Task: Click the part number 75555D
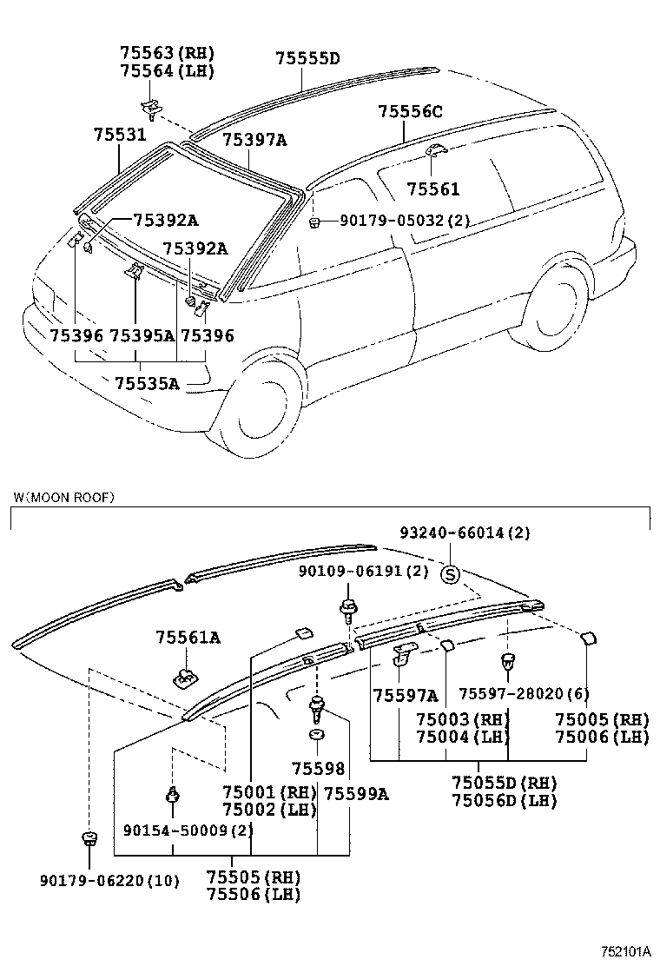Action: pos(307,59)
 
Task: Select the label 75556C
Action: pos(410,111)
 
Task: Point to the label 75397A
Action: pos(254,139)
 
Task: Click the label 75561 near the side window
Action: pos(433,189)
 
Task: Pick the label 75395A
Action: pos(142,335)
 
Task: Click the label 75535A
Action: pos(146,382)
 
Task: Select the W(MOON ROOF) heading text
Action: pos(63,497)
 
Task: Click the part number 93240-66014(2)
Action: pos(465,532)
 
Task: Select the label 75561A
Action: pos(188,638)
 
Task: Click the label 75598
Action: pos(318,769)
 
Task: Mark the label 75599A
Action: pos(356,792)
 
